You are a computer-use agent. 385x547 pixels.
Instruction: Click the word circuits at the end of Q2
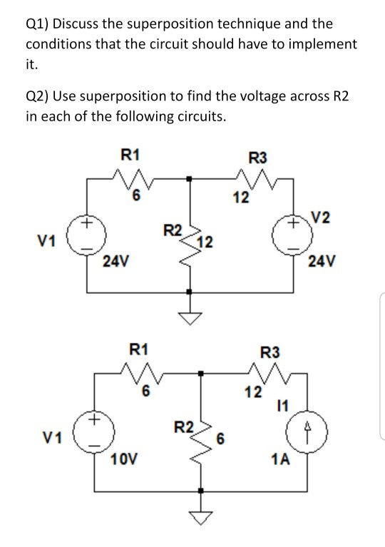[200, 116]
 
